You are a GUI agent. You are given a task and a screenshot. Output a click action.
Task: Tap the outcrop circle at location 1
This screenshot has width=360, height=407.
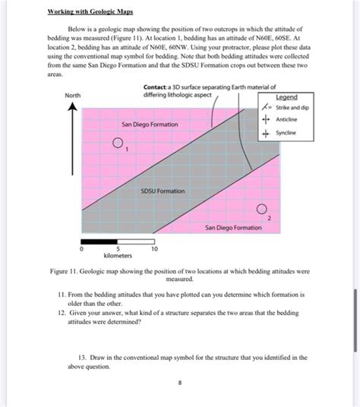pos(118,143)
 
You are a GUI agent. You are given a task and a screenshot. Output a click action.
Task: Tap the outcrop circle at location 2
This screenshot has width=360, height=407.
pos(262,208)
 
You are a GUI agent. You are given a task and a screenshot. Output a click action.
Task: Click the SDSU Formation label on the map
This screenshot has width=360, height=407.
pos(163,191)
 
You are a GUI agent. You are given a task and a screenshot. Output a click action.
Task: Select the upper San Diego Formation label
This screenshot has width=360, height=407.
pos(150,124)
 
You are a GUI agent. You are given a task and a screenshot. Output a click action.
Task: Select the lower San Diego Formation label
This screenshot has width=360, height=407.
pos(233,227)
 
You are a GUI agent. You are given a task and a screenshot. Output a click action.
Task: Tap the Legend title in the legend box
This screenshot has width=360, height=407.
pos(286,97)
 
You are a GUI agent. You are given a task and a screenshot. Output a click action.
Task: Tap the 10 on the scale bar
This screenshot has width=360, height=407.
pos(154,249)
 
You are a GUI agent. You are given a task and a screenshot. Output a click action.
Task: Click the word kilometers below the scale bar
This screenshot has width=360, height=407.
pos(117,256)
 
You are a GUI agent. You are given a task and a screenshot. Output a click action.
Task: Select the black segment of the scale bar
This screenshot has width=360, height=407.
pos(99,241)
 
